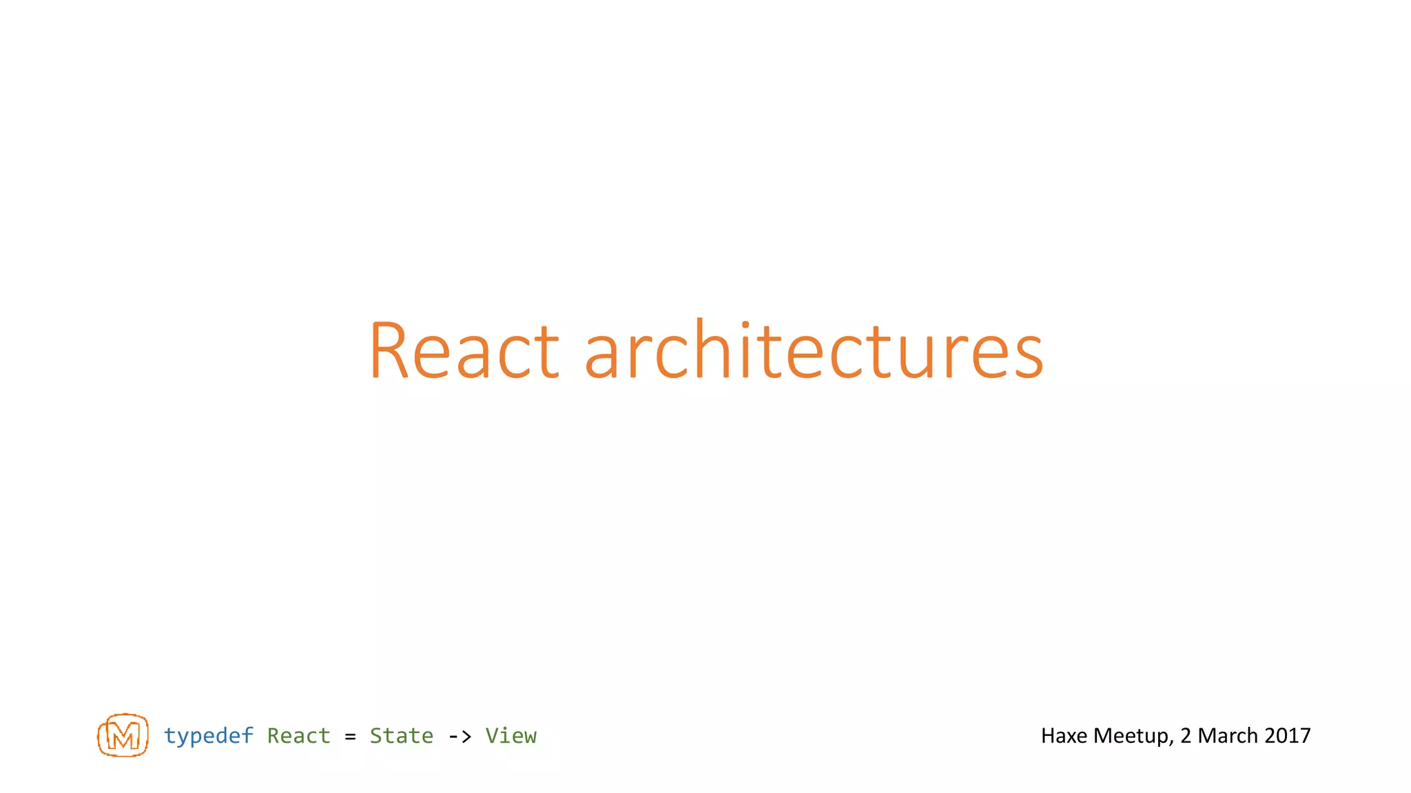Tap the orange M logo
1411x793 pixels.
123,735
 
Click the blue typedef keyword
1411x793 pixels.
208,736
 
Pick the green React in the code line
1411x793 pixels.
298,736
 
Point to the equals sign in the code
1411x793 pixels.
350,737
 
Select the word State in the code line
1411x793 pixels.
401,736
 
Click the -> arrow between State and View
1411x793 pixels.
460,737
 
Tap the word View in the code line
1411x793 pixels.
511,736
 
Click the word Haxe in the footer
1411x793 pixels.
1064,736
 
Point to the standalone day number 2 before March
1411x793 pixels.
1185,736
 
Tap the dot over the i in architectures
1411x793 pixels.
745,324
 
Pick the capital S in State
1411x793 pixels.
376,736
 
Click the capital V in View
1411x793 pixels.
492,736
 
